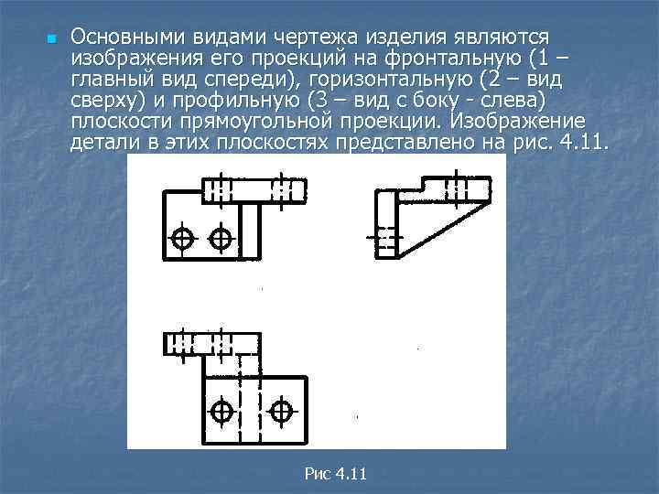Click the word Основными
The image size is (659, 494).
127,37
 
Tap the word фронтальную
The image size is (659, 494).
491,58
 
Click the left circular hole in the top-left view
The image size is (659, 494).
183,238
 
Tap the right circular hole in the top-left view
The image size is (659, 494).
221,238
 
